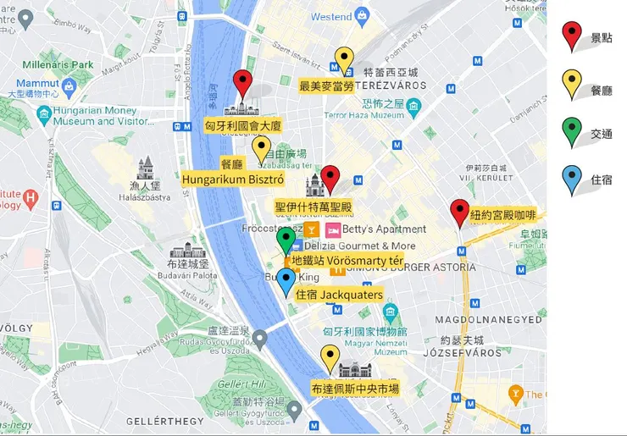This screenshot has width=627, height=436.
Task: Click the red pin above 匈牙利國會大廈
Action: pos(243,84)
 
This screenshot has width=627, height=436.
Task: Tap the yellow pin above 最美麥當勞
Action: pos(344,60)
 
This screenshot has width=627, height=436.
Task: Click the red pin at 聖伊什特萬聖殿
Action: pos(330,179)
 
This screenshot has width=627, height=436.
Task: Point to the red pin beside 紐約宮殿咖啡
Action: pos(460,212)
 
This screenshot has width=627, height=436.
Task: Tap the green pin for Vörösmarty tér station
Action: pos(287,240)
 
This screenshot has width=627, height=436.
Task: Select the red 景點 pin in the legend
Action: pos(573,35)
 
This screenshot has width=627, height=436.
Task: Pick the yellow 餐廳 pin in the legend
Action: pos(573,83)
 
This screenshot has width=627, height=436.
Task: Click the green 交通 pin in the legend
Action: pos(573,131)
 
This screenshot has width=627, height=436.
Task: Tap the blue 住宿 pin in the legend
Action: pos(573,179)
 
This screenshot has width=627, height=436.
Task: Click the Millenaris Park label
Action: pos(58,64)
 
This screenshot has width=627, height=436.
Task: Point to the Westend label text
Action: pos(330,17)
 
